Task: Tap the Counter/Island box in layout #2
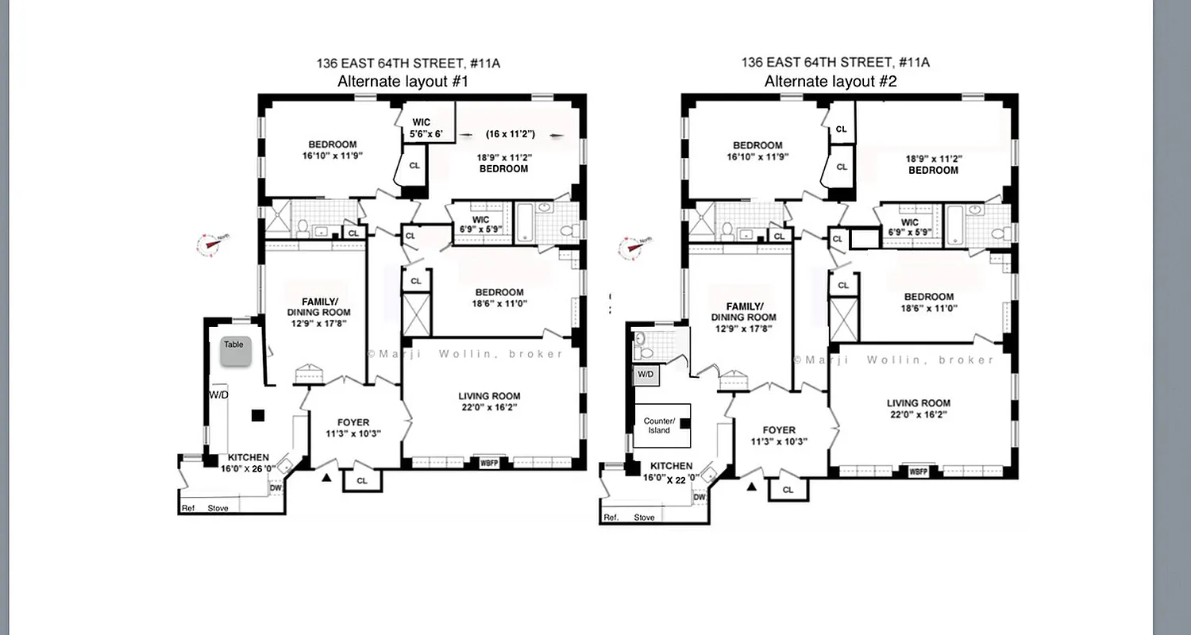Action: (x=659, y=425)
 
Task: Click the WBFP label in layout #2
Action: (x=918, y=471)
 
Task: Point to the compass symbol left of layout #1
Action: (x=210, y=244)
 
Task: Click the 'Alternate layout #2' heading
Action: (x=831, y=81)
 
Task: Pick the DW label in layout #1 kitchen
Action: (x=275, y=488)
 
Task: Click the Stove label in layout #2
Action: (x=645, y=518)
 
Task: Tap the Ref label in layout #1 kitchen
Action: (x=188, y=508)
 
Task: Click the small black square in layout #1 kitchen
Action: (x=257, y=415)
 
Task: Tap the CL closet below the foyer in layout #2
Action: (x=788, y=490)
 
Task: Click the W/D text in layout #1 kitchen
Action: (x=218, y=394)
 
